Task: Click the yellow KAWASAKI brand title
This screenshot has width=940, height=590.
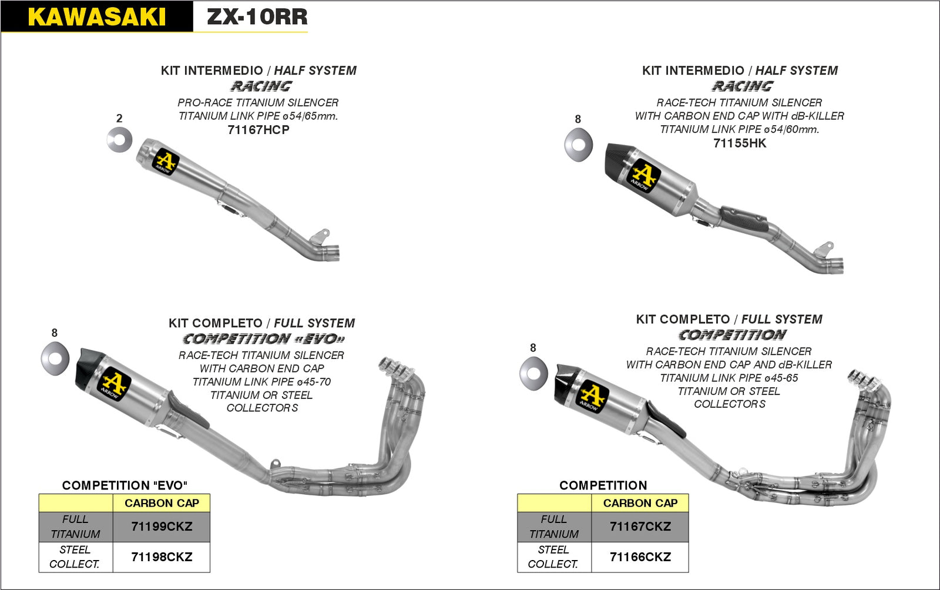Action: point(96,16)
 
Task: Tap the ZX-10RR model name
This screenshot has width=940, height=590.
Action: point(257,16)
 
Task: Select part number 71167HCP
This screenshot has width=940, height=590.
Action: point(258,130)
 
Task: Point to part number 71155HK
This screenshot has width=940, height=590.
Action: point(740,143)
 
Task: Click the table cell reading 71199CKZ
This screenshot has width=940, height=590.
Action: point(162,527)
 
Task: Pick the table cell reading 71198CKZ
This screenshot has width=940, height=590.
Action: point(162,557)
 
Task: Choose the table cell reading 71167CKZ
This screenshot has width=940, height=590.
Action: point(640,527)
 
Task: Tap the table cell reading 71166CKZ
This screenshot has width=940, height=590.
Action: point(640,557)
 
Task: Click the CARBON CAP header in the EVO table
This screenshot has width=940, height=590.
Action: point(162,503)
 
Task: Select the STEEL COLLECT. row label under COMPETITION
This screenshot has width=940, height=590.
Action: point(553,557)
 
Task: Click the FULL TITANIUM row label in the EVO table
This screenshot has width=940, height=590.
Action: point(75,527)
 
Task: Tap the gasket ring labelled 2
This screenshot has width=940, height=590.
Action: point(119,140)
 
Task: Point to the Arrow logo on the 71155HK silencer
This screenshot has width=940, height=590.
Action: point(643,176)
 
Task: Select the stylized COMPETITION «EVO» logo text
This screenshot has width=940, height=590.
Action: point(263,339)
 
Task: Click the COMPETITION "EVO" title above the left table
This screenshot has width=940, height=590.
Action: point(125,485)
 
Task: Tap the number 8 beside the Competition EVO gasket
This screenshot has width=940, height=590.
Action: point(55,333)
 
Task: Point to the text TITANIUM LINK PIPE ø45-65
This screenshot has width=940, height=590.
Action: point(729,378)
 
